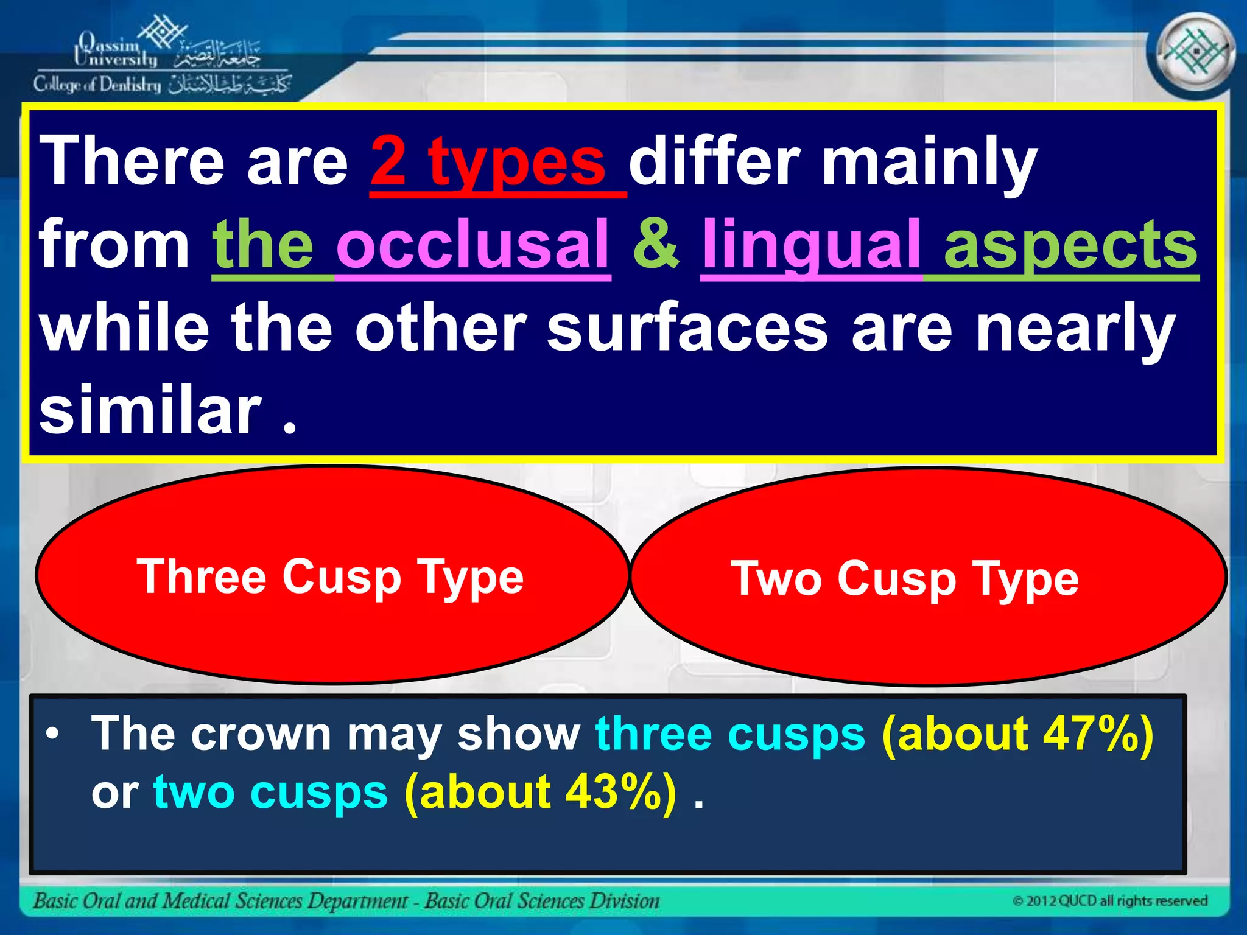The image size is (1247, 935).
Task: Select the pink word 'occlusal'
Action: click(x=472, y=245)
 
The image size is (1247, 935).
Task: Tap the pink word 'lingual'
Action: click(x=811, y=245)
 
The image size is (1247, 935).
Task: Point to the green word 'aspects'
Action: click(x=1070, y=245)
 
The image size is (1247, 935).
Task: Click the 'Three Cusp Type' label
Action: click(x=330, y=577)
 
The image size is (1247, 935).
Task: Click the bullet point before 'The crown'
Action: click(x=54, y=735)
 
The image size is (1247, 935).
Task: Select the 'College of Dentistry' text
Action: click(x=97, y=85)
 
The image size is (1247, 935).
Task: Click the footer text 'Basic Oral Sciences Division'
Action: click(x=542, y=901)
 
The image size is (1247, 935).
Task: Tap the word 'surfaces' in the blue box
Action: click(x=687, y=329)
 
